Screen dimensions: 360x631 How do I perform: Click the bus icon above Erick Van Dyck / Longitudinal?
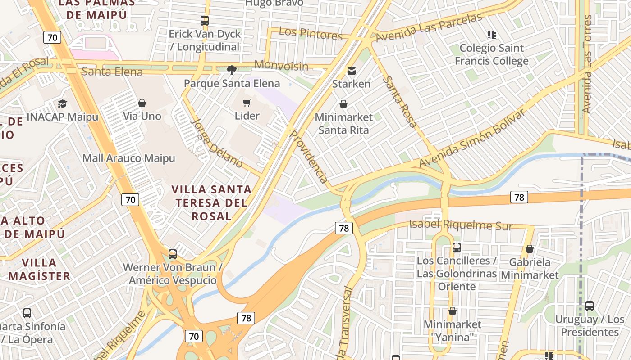(205, 20)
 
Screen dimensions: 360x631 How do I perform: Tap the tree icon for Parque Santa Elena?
(232, 70)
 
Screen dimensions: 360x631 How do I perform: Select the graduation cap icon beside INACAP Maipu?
(62, 104)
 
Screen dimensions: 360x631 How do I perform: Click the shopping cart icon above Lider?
(247, 103)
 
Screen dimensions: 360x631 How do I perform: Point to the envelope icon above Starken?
(351, 71)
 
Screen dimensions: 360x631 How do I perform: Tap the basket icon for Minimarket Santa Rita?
(343, 104)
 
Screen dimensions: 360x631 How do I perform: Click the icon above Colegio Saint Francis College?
(491, 35)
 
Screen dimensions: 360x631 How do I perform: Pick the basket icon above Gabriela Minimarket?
(530, 249)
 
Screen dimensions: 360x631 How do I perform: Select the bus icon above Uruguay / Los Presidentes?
(589, 306)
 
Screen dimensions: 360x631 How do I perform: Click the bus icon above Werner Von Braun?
(173, 254)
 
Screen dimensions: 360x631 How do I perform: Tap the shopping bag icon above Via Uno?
(142, 103)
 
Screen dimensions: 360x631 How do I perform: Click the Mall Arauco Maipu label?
(128, 158)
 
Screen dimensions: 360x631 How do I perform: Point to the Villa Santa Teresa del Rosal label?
(211, 202)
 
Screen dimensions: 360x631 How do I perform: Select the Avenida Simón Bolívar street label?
(472, 138)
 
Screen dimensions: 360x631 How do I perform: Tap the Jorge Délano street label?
(217, 143)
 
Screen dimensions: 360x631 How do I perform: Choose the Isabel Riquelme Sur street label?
(461, 225)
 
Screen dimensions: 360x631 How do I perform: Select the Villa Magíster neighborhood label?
(39, 269)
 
